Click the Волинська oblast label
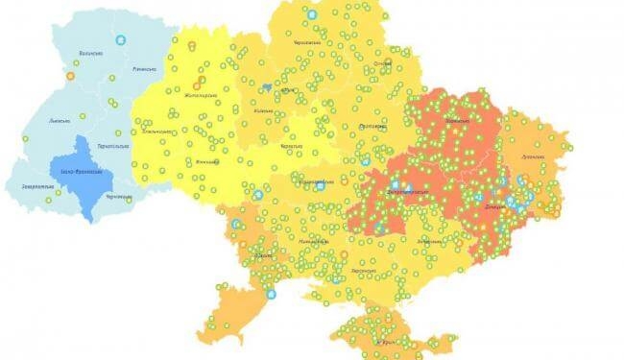click(x=91, y=55)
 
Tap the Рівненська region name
click(x=144, y=69)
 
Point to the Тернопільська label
click(x=114, y=146)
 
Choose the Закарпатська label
click(x=37, y=185)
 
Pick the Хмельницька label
click(x=159, y=131)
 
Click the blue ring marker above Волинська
click(x=121, y=40)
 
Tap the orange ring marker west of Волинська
click(x=70, y=75)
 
